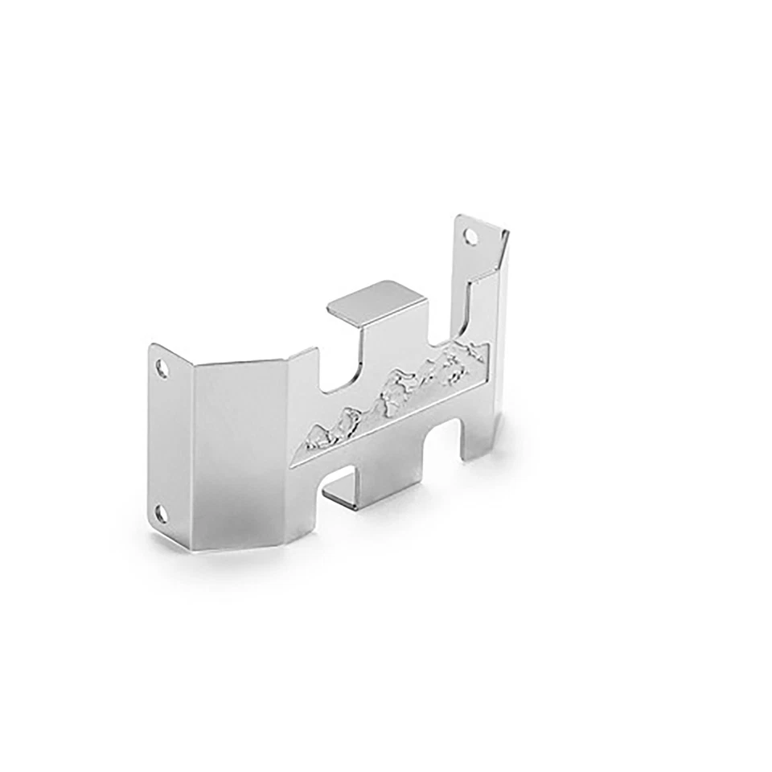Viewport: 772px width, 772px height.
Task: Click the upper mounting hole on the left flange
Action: coord(163,369)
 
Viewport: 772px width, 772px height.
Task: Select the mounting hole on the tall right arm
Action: coord(470,236)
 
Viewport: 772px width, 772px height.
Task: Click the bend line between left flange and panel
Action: coord(194,450)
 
